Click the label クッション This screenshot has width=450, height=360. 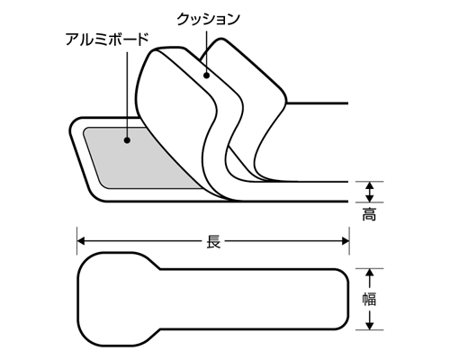208,20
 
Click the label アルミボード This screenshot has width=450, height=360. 107,40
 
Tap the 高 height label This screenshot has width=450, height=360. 369,215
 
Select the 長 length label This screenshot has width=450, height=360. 213,241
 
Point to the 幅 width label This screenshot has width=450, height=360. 369,299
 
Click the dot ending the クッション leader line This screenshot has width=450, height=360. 206,76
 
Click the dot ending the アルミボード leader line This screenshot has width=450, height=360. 127,139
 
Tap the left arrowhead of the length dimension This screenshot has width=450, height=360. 81,241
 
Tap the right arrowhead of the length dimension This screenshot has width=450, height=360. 345,241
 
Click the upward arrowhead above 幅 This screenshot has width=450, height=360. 370,273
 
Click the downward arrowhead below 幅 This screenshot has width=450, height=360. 370,326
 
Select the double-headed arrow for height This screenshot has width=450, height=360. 370,192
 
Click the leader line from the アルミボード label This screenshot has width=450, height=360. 128,94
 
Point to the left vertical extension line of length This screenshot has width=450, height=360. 77,241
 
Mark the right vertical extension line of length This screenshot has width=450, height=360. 349,241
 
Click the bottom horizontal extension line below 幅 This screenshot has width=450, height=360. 370,330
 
